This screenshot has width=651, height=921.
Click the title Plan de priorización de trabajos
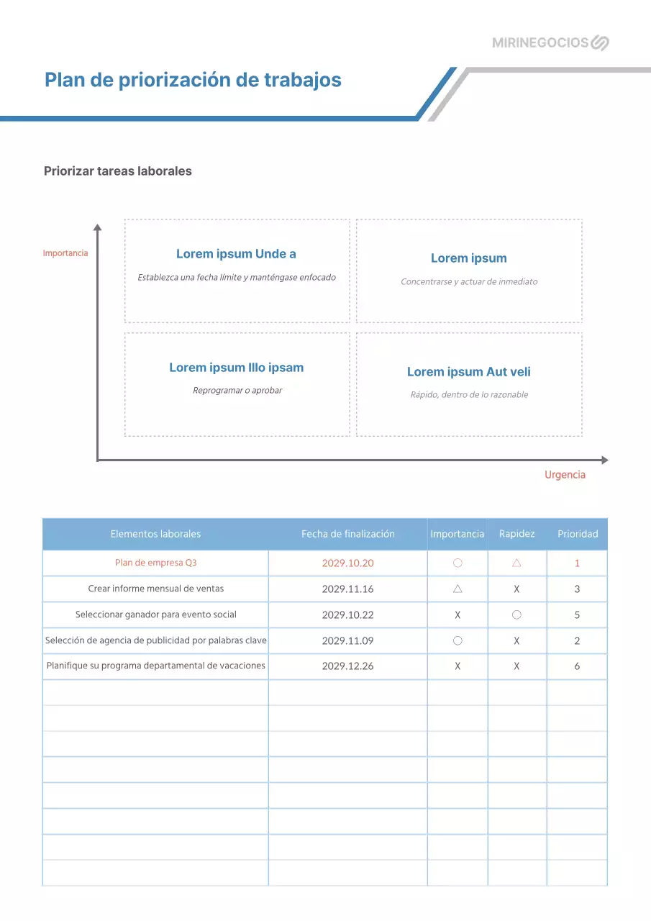point(193,80)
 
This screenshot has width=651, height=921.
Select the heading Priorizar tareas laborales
point(118,171)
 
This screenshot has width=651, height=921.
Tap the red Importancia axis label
point(65,253)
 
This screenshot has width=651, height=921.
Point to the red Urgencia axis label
point(565,475)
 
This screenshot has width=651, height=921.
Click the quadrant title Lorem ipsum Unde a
point(236,254)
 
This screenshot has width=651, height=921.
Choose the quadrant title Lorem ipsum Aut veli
point(469,372)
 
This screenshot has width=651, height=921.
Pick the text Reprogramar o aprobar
point(237,391)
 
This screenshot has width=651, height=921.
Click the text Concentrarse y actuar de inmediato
point(469,282)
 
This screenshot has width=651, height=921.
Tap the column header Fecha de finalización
point(348,534)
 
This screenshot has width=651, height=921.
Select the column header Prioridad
point(578,534)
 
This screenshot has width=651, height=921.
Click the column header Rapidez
point(516,534)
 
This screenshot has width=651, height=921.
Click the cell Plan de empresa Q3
point(155,563)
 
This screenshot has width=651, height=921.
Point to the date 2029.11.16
point(348,589)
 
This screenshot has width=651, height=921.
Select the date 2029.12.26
point(348,666)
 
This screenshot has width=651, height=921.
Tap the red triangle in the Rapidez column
point(516,563)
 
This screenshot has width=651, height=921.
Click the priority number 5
point(577,615)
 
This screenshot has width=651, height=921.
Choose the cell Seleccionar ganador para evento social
point(155,615)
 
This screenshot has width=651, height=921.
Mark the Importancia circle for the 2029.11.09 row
point(457,640)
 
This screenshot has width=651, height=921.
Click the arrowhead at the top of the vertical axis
point(98,228)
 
